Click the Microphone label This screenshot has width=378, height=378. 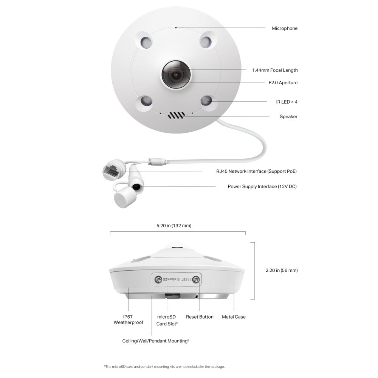click(285, 28)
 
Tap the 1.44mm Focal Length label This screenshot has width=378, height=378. click(275, 70)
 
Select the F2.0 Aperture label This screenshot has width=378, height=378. click(283, 83)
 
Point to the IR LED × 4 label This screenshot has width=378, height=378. click(287, 102)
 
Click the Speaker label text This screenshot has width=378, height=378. click(288, 117)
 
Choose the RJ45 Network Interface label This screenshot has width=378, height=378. click(256, 171)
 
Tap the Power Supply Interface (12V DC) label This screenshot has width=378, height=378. click(262, 187)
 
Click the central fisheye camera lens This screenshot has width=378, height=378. click(176, 74)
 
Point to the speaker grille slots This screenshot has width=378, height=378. click(177, 115)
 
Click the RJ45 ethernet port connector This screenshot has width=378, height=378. click(112, 171)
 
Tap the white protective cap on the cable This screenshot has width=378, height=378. click(125, 197)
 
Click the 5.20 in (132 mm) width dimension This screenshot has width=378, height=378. click(174, 226)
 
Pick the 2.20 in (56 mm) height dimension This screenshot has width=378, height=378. click(282, 271)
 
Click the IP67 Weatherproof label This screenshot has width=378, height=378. click(128, 320)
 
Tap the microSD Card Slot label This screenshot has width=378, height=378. click(167, 321)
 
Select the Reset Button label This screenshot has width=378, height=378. click(200, 317)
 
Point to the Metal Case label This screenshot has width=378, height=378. click(234, 317)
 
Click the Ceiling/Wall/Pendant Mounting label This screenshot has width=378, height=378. click(155, 341)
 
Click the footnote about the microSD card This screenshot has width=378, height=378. click(164, 367)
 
